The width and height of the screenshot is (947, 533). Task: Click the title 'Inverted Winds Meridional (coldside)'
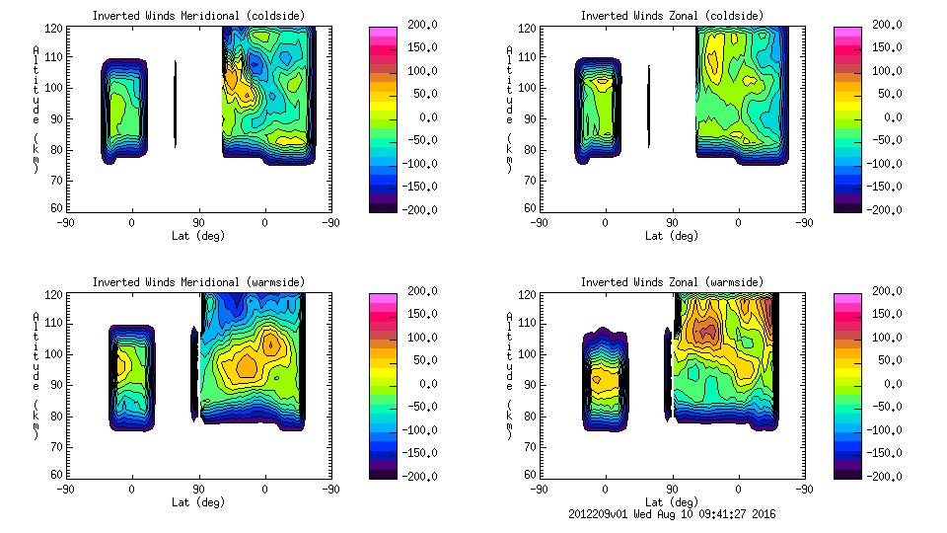point(198,16)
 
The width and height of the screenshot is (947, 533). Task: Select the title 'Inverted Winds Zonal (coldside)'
point(672,16)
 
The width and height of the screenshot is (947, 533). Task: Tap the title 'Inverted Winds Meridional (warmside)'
point(198,282)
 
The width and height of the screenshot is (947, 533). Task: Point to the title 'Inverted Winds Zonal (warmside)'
point(672,282)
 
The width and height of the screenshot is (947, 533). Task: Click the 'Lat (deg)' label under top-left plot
point(198,236)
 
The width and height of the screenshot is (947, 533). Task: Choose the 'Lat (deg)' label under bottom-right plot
point(672,501)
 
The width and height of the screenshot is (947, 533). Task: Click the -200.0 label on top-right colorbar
point(888,209)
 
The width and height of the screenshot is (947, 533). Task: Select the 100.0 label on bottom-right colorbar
point(890,338)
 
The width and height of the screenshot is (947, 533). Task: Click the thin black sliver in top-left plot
point(176,105)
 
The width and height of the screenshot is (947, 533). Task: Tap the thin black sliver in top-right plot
point(649,106)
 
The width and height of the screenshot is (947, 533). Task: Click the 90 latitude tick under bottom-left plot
point(198,489)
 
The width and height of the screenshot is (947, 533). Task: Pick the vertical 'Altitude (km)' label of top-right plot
point(509,109)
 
